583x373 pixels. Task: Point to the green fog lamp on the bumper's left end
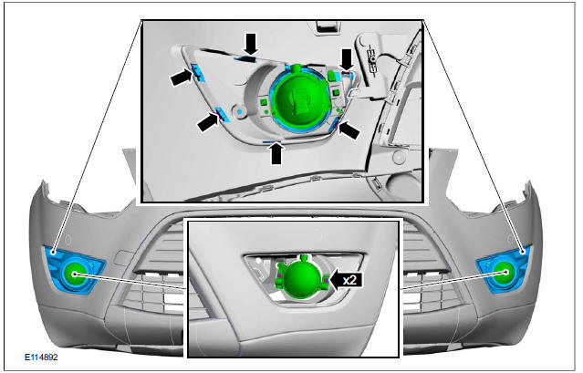pyautogui.click(x=73, y=273)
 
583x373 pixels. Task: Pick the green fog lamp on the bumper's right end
pyautogui.click(x=502, y=271)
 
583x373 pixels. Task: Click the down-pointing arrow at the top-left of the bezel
pyautogui.click(x=250, y=42)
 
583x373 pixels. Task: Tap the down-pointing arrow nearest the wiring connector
pyautogui.click(x=346, y=59)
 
